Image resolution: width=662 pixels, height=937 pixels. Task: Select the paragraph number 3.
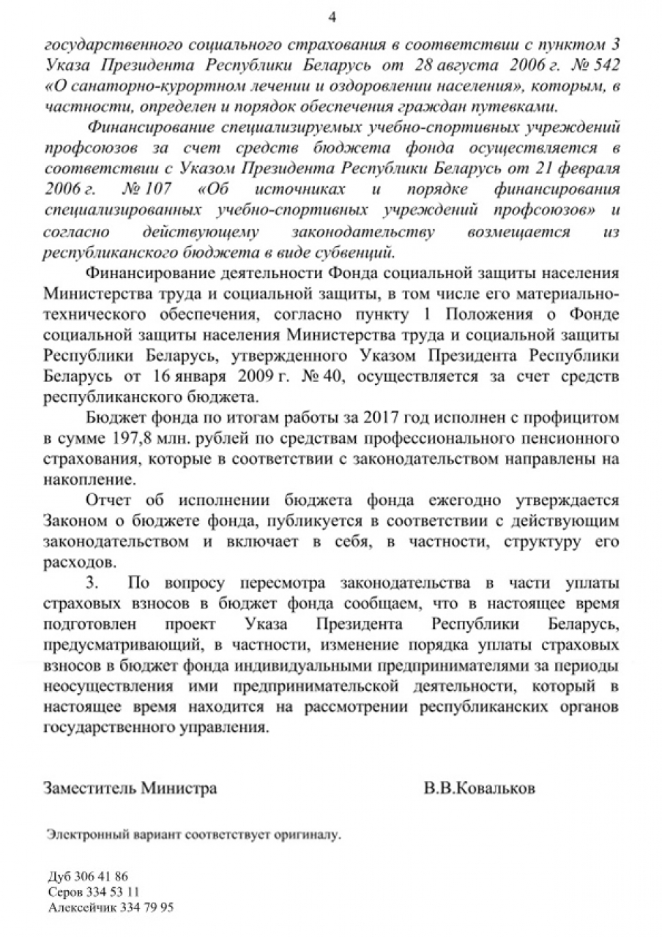(x=91, y=586)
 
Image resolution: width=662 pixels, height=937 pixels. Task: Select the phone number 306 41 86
(x=101, y=876)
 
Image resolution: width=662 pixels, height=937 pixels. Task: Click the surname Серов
(x=64, y=892)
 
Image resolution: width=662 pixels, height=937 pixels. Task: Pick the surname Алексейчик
(x=77, y=908)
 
